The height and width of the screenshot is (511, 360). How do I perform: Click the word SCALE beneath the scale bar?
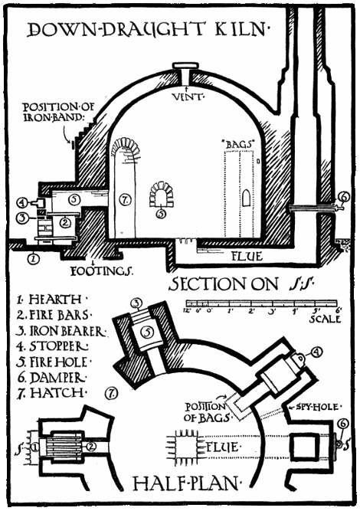(x=326, y=319)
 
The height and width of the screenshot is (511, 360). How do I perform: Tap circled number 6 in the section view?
(x=342, y=198)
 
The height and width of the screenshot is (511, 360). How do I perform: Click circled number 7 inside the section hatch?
(x=126, y=199)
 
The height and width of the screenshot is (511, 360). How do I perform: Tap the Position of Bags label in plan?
(x=203, y=411)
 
